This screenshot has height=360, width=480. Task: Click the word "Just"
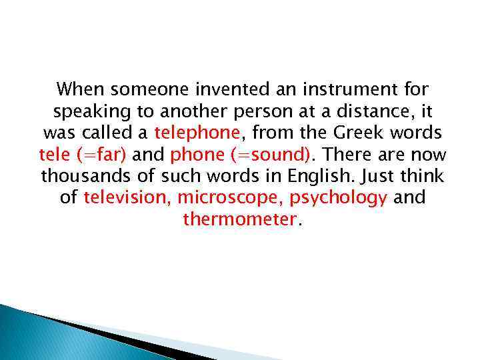(374, 177)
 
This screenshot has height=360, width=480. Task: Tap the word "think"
(421, 177)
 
